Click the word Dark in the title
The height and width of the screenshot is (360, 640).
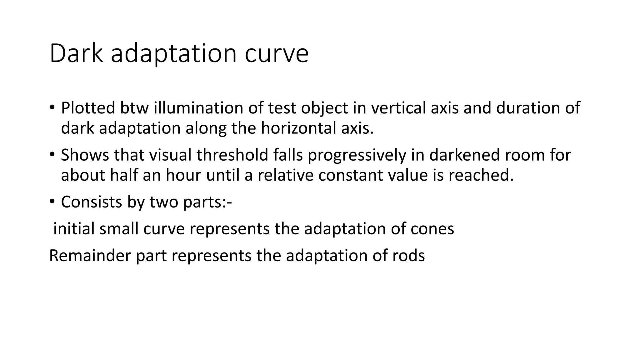(76, 54)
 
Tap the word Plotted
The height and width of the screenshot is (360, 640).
(88, 108)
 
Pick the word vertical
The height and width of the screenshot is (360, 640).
(394, 108)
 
